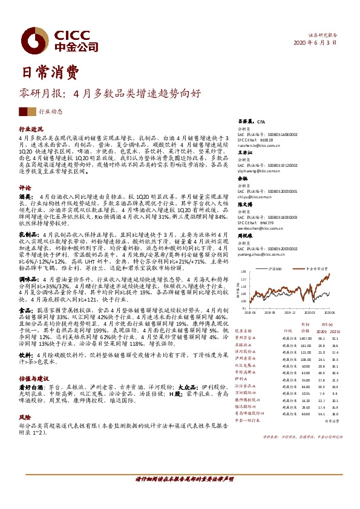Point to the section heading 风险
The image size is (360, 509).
pos(25,417)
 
